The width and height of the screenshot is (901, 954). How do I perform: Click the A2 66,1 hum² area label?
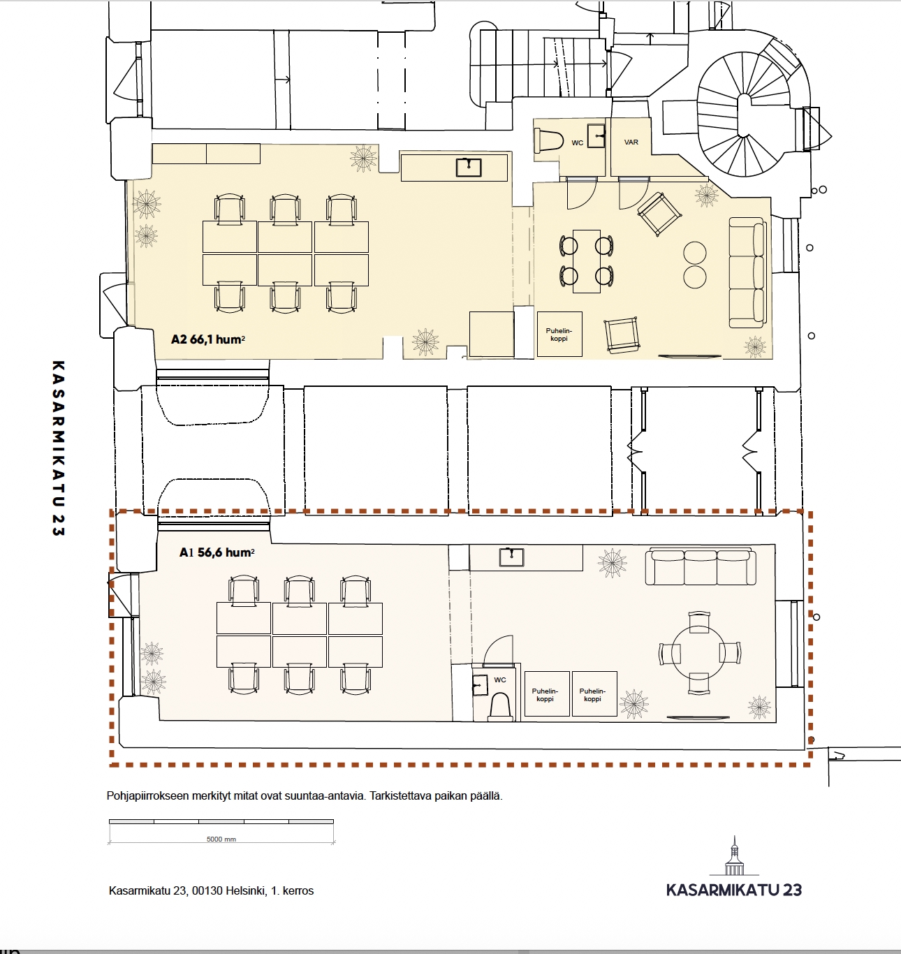208,339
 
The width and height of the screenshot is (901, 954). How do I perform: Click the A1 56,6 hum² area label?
217,552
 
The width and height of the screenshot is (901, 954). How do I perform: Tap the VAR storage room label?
631,142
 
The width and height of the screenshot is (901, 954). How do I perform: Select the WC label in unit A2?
577,142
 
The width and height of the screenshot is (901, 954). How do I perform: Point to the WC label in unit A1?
500,680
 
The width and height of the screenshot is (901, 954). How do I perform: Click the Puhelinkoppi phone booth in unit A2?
559,335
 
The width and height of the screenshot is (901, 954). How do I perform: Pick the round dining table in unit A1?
698,653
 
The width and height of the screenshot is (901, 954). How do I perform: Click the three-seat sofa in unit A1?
701,567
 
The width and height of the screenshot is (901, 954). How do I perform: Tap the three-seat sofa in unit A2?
747,272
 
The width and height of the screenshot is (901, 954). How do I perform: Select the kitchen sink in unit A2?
469,167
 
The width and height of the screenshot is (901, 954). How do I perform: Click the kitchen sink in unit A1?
511,557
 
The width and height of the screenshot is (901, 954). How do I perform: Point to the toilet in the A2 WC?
548,141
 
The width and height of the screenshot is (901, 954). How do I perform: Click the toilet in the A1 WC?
500,707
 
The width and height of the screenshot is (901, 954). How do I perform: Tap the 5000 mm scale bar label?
221,839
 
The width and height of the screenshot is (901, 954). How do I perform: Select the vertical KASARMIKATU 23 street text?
58,448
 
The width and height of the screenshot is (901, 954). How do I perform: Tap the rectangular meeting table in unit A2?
586,261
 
